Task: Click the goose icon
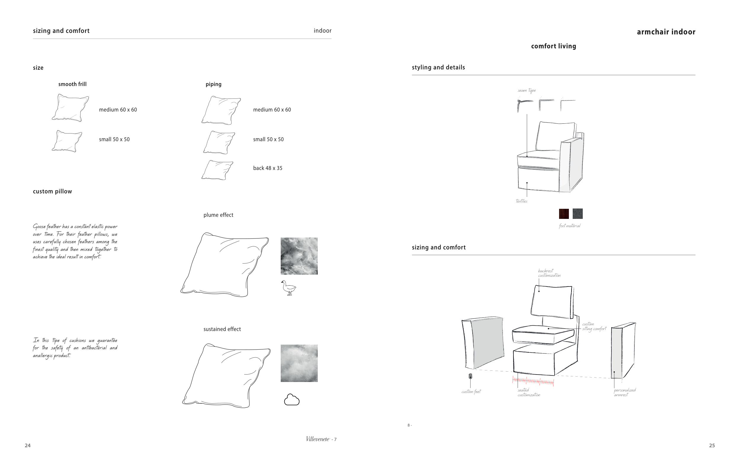click(x=288, y=288)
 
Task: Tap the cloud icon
click(x=292, y=400)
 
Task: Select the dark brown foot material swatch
click(x=564, y=214)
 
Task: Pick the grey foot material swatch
click(x=577, y=214)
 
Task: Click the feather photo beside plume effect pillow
click(x=299, y=256)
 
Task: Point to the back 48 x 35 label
click(x=268, y=168)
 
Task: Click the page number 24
click(x=28, y=445)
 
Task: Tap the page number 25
click(x=712, y=445)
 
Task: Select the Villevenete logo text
click(x=318, y=439)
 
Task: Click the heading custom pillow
click(x=52, y=191)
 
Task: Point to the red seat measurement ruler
click(x=533, y=381)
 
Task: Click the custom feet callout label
click(x=471, y=392)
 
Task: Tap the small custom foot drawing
click(x=470, y=376)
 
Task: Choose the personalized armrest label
click(x=625, y=392)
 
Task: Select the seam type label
click(x=527, y=90)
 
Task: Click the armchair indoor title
click(x=666, y=32)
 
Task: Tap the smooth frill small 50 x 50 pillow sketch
click(x=67, y=141)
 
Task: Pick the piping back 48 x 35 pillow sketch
click(x=217, y=170)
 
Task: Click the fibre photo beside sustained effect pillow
click(x=299, y=363)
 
